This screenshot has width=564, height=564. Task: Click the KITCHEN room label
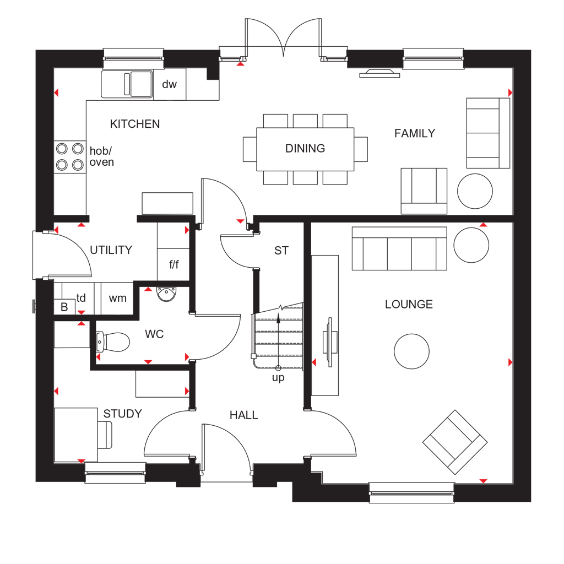[x=135, y=124]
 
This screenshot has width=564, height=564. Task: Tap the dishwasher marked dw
[x=170, y=84]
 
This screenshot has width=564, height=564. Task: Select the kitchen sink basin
[x=127, y=84]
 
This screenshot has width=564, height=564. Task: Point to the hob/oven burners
[x=70, y=157]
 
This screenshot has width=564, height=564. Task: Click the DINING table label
[x=305, y=148]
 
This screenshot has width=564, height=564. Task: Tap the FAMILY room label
[x=415, y=133]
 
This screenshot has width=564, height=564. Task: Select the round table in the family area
[x=475, y=191]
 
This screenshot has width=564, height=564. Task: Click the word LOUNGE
[x=409, y=304]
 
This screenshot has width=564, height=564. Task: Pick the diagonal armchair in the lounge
[x=454, y=442]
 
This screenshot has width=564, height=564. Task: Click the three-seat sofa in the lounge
[x=399, y=248]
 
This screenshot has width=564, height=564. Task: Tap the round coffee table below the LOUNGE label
[x=411, y=351]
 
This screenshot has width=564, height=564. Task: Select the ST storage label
[x=281, y=251]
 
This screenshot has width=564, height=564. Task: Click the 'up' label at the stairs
[x=278, y=378]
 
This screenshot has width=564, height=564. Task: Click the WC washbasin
[x=166, y=294]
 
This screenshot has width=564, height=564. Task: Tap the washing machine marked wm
[x=117, y=299]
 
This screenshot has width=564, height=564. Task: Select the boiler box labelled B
[x=64, y=307]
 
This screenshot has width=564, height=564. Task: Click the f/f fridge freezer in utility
[x=173, y=264]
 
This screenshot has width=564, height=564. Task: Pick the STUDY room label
[x=123, y=414]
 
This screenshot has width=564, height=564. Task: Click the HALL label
[x=244, y=415]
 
